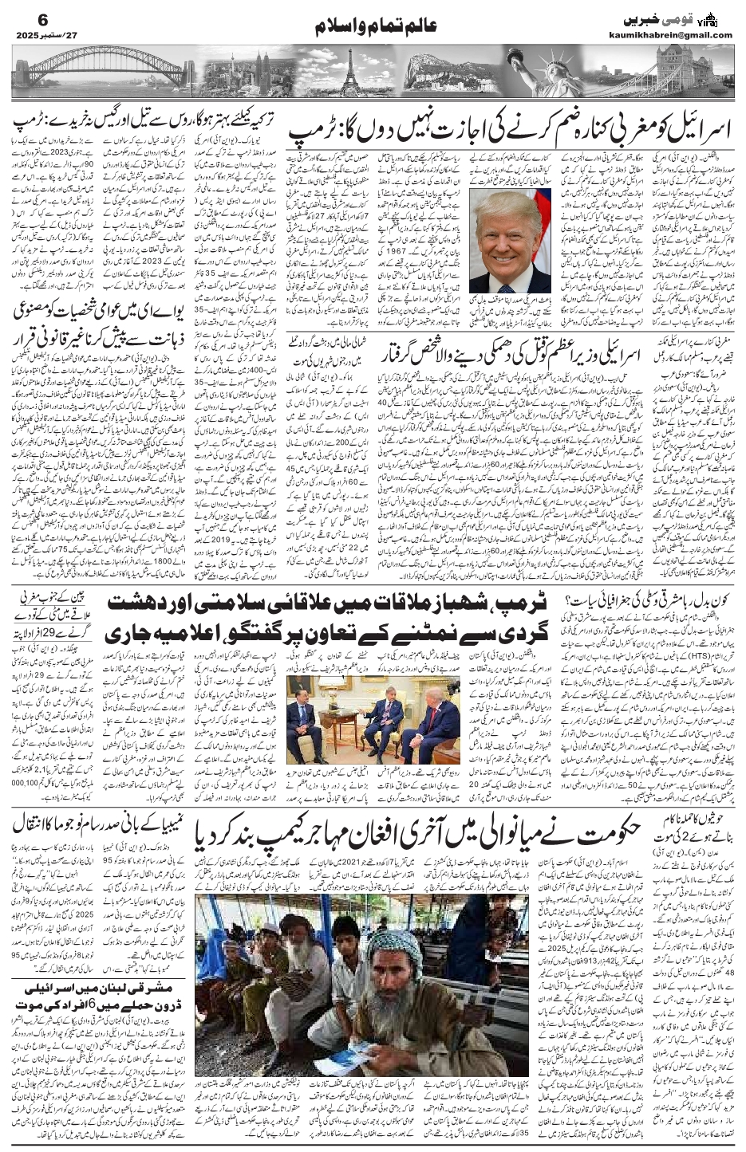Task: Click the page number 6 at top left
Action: [22, 18]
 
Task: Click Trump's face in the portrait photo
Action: [508, 239]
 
